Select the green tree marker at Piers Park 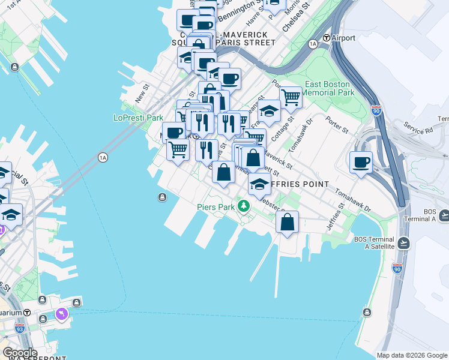(243, 207)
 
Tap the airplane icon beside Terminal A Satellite (403, 243)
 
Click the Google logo (20, 353)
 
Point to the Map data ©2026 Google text (412, 355)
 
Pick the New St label (142, 92)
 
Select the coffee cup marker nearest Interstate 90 (361, 163)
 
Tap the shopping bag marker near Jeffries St (288, 223)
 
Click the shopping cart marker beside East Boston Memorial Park (291, 96)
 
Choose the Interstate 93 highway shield (20, 328)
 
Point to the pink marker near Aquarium (62, 314)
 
